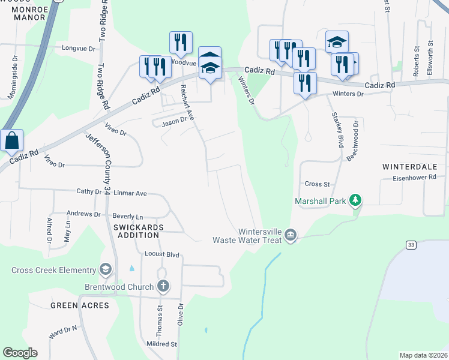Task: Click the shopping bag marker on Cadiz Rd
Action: tap(11, 142)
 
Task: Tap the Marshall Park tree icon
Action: tap(356, 199)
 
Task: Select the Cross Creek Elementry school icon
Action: tap(107, 269)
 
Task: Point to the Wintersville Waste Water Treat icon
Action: tap(291, 234)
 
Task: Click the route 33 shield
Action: tap(411, 244)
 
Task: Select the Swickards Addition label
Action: tap(138, 230)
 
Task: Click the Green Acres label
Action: tap(79, 305)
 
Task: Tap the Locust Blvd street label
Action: tap(162, 254)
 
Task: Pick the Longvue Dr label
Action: tap(79, 47)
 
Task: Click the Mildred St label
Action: tap(161, 344)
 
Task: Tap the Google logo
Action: tap(20, 353)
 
